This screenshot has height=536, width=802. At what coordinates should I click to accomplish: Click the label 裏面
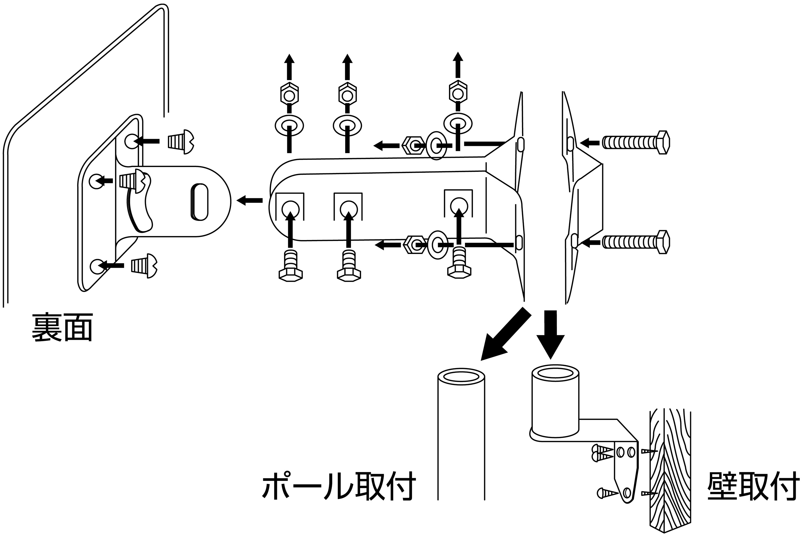coord(62,327)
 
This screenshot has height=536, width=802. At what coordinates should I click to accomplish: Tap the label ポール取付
coord(339,486)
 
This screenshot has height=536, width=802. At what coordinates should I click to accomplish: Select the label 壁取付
coord(753,486)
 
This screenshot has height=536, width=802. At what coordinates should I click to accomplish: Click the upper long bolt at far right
coord(635,142)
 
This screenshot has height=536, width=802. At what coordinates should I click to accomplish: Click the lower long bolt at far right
coord(635,242)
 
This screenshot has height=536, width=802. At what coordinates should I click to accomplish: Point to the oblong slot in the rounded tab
coord(199,202)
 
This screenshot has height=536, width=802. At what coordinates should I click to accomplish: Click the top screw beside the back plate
coord(181,141)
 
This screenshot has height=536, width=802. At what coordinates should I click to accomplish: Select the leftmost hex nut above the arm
coord(289,93)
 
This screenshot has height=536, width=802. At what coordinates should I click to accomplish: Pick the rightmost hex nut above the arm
coord(458,91)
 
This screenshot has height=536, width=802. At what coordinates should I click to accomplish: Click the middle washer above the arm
coord(347,125)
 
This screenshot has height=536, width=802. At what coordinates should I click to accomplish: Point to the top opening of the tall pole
coord(461,377)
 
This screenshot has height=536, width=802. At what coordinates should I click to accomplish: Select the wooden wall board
coord(670,472)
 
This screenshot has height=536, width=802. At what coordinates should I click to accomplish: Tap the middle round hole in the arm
coord(349,208)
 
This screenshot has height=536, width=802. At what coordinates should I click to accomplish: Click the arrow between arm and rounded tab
coord(250,200)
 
